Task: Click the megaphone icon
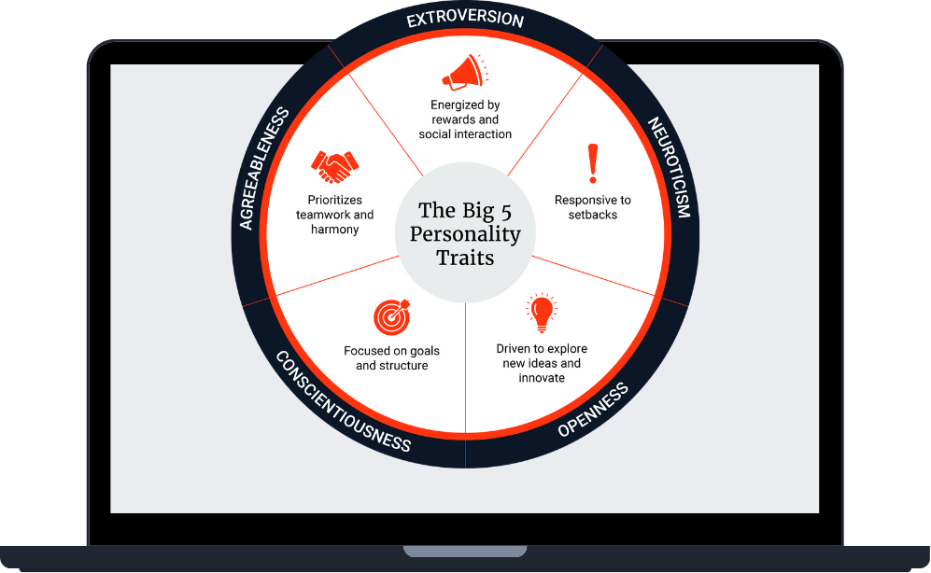[463, 72]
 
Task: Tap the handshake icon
[334, 166]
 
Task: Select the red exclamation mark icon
[592, 163]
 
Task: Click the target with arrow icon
[392, 317]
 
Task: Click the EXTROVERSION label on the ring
[465, 19]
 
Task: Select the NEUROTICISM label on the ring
[670, 167]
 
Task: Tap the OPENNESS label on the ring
[593, 410]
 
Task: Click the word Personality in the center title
[465, 234]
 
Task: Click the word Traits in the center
[465, 258]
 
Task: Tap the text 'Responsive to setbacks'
[592, 207]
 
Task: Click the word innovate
[542, 378]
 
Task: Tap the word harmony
[334, 230]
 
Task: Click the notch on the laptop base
[465, 551]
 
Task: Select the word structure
[404, 366]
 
